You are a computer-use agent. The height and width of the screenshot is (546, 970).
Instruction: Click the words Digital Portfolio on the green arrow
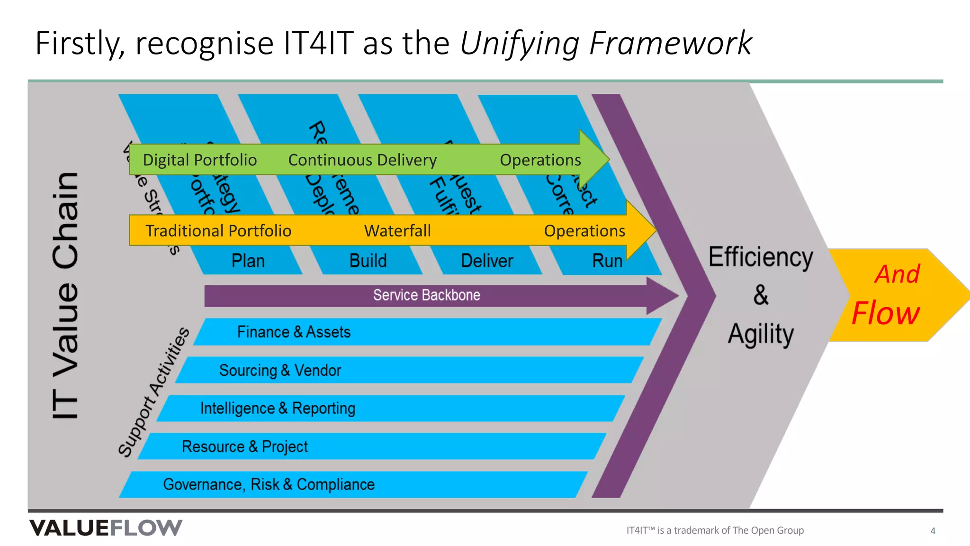pyautogui.click(x=199, y=160)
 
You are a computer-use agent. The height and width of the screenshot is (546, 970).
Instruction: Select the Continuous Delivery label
pyautogui.click(x=362, y=160)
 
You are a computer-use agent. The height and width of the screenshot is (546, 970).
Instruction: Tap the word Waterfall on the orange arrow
pyautogui.click(x=397, y=231)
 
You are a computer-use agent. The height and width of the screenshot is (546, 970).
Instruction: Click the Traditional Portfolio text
pyautogui.click(x=218, y=231)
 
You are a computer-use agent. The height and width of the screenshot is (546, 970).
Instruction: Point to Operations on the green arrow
pyautogui.click(x=540, y=160)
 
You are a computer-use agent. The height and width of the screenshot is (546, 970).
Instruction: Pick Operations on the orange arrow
pyautogui.click(x=584, y=231)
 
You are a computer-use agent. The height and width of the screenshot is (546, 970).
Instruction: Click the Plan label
pyautogui.click(x=248, y=261)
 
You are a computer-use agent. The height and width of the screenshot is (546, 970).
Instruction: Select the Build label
pyautogui.click(x=368, y=261)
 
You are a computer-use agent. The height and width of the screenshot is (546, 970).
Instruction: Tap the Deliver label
pyautogui.click(x=487, y=261)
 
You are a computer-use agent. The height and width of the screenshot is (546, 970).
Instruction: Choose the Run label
pyautogui.click(x=607, y=261)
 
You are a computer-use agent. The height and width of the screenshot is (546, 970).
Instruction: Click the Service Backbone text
pyautogui.click(x=426, y=295)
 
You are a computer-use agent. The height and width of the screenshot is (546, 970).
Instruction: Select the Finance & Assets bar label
pyautogui.click(x=294, y=332)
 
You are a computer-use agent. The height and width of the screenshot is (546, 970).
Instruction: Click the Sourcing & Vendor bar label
pyautogui.click(x=280, y=370)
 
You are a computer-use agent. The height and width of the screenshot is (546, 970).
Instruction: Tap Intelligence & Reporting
pyautogui.click(x=278, y=409)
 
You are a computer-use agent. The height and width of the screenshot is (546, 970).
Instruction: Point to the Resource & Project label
pyautogui.click(x=245, y=446)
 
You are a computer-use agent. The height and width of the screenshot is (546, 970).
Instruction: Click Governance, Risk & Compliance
pyautogui.click(x=269, y=485)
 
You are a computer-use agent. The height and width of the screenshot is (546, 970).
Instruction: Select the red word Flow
pyautogui.click(x=885, y=314)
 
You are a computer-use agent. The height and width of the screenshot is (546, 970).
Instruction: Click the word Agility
pyautogui.click(x=761, y=335)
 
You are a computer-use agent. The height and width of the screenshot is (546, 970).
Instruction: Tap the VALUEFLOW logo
pyautogui.click(x=106, y=528)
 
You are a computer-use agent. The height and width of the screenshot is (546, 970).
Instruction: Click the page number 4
pyautogui.click(x=933, y=531)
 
